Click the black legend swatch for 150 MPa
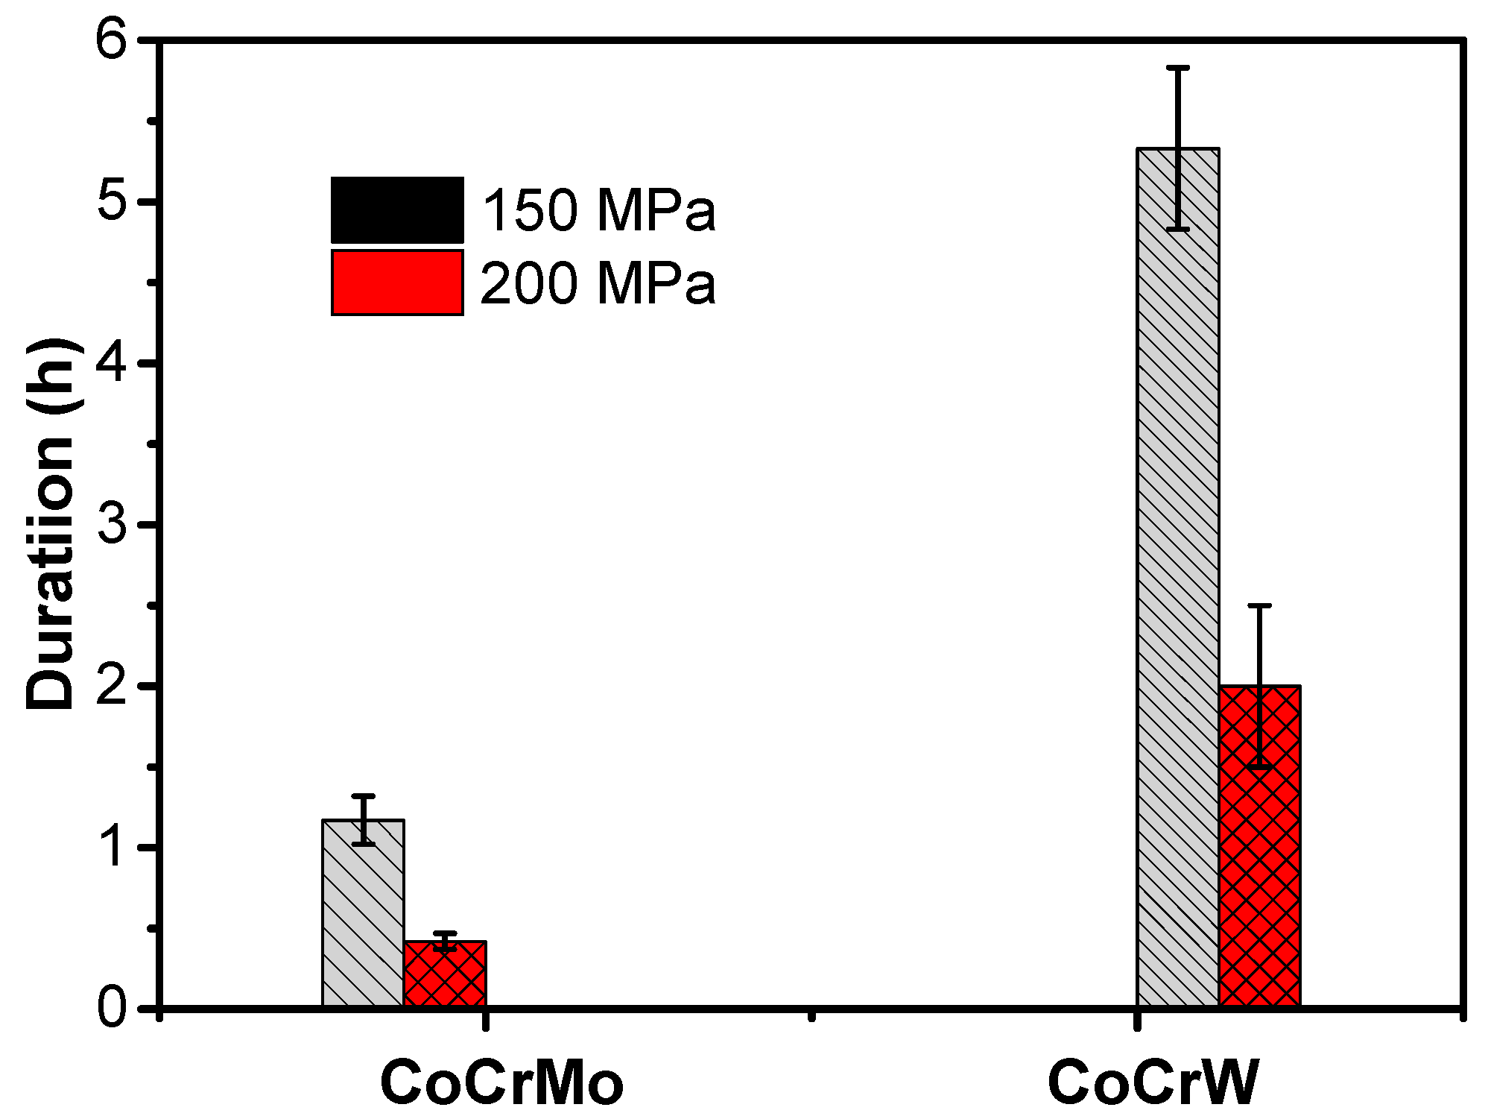pyautogui.click(x=397, y=209)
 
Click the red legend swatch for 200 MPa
pyautogui.click(x=397, y=283)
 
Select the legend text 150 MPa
pyautogui.click(x=598, y=210)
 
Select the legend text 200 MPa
pyautogui.click(x=598, y=283)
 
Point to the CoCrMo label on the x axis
pyautogui.click(x=501, y=1082)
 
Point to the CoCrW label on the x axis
pyautogui.click(x=1153, y=1082)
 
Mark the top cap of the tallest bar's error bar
pyautogui.click(x=1177, y=68)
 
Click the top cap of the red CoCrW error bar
pyautogui.click(x=1259, y=605)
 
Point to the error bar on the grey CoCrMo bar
pyautogui.click(x=363, y=819)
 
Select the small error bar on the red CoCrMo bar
pyautogui.click(x=445, y=941)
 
